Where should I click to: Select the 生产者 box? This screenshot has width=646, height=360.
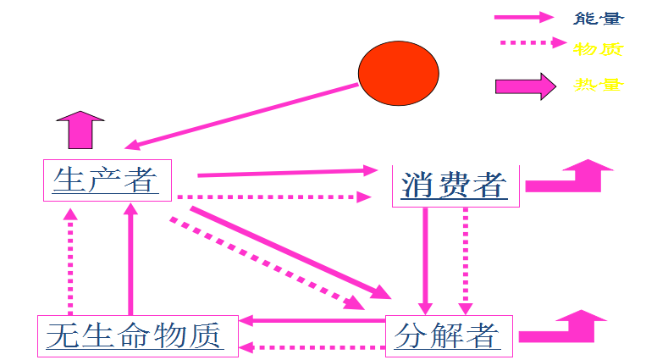coord(107,180)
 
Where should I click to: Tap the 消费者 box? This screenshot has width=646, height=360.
coord(455,185)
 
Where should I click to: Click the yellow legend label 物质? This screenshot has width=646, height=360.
coord(598,48)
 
